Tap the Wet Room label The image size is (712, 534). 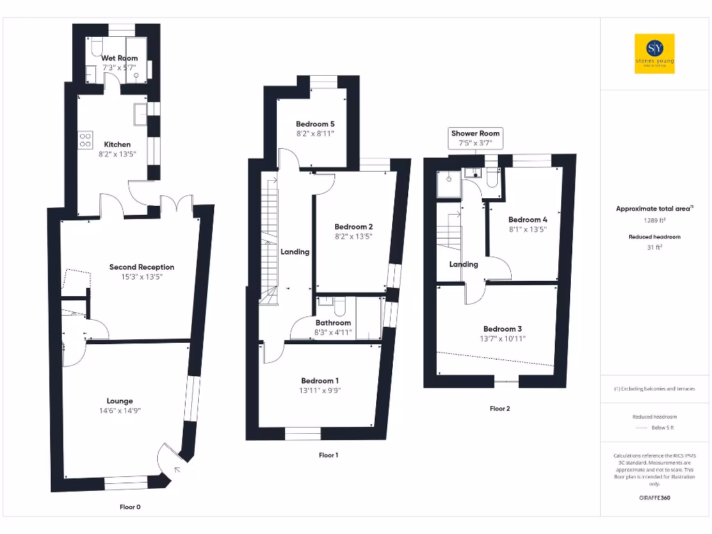coord(120,58)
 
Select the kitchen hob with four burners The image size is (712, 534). coord(86,140)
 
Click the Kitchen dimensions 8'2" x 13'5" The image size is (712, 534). coord(118,154)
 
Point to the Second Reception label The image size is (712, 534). coord(142,267)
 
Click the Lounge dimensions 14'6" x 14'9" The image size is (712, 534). coord(120,411)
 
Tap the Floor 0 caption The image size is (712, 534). coord(130,507)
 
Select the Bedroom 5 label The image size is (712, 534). coord(315,124)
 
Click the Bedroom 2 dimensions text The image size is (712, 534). coord(354,236)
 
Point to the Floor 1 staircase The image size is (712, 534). coord(268,236)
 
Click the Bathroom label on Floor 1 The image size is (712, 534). coord(333,323)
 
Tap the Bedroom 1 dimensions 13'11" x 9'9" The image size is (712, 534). coord(321,391)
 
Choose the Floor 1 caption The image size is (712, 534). coord(328,455)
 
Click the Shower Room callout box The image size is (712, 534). coord(476,138)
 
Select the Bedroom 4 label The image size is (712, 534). coord(523,220)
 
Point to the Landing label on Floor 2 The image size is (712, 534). coord(464,264)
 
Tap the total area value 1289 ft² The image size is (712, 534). coord(654,220)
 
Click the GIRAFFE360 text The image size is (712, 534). coord(654,498)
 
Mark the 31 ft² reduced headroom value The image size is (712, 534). coord(654,246)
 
